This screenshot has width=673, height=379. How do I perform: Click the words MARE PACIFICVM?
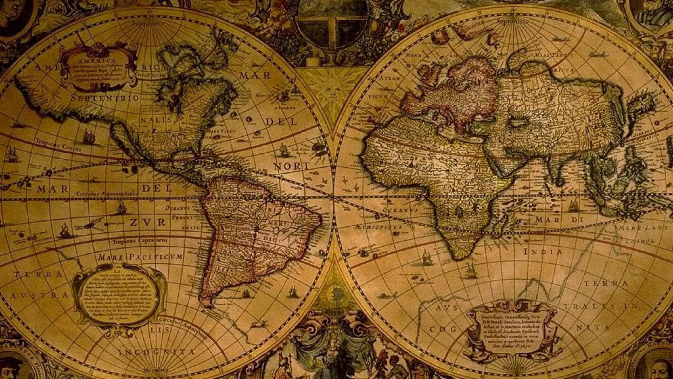coord(140,257)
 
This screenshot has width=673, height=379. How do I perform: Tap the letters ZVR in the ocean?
coord(148,222)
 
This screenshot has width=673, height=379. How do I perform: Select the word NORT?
coord(292,166)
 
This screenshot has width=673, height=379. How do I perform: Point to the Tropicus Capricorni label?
coord(140,241)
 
